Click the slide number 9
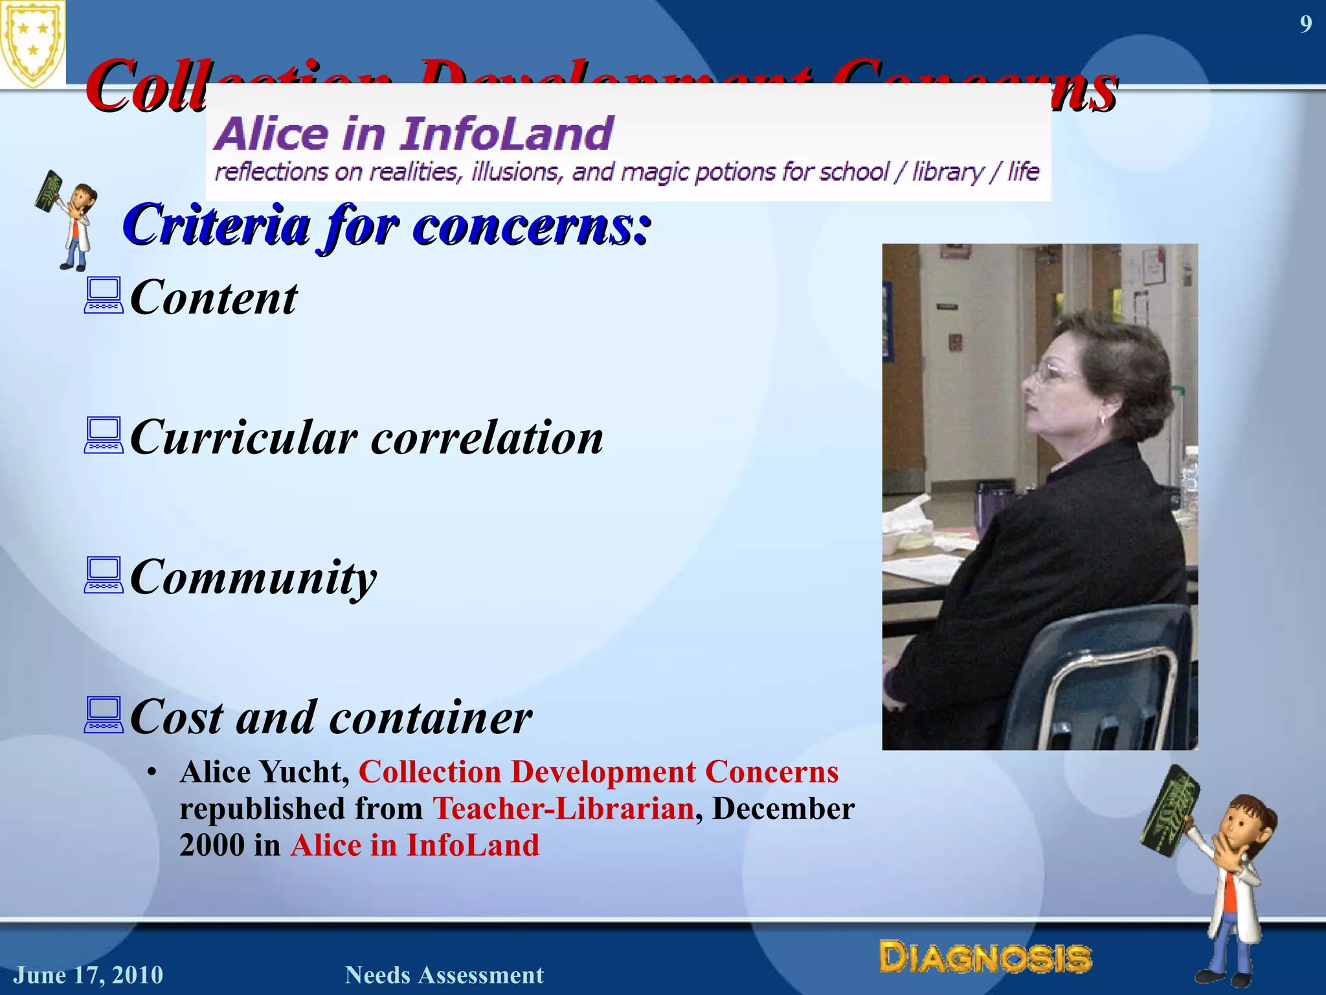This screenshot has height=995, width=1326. pyautogui.click(x=1305, y=25)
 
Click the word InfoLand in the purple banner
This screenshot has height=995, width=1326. pyautogui.click(x=506, y=134)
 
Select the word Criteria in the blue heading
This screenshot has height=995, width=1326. pyautogui.click(x=216, y=225)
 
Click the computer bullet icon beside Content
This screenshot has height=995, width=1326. pyautogui.click(x=103, y=296)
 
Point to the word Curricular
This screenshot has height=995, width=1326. pyautogui.click(x=243, y=437)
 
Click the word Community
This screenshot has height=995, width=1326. pyautogui.click(x=253, y=577)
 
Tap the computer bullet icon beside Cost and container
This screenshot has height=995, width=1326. pyautogui.click(x=103, y=715)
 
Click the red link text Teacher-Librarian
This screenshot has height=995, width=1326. pyautogui.click(x=563, y=808)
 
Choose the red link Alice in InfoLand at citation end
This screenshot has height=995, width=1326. pyautogui.click(x=414, y=845)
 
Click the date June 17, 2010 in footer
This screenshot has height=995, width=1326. pyautogui.click(x=89, y=975)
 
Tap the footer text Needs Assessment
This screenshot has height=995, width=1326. pyautogui.click(x=444, y=975)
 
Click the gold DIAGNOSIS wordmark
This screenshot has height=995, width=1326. pyautogui.click(x=985, y=957)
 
